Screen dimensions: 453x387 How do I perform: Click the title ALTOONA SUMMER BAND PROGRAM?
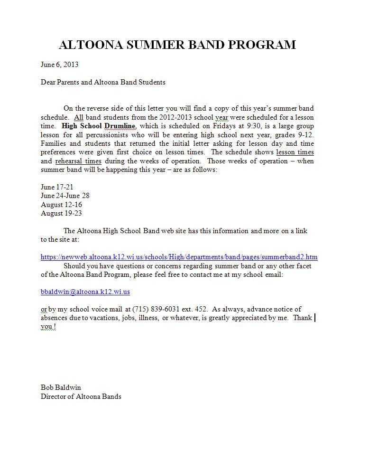point(177,45)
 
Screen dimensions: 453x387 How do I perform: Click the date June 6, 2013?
point(59,65)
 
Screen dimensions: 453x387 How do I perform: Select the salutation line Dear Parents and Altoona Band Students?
point(103,82)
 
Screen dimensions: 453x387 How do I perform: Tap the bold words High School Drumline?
point(99,126)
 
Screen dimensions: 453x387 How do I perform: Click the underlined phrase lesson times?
point(295,152)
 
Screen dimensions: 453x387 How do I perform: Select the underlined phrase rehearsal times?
point(78,161)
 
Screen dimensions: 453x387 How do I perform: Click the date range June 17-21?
point(57,187)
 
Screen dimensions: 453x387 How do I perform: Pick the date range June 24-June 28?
point(65,196)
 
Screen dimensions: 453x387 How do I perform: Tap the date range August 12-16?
point(61,205)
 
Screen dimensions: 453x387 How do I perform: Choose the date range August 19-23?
point(61,213)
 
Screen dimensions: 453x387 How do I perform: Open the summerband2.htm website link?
point(179,257)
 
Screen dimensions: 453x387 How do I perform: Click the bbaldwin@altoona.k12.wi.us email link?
point(85,292)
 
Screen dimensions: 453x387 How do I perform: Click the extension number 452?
point(201,309)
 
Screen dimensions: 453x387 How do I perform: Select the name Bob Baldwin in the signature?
point(61,387)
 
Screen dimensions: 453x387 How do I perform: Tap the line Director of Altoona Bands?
point(81,396)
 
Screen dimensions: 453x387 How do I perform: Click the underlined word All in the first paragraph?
point(79,117)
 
